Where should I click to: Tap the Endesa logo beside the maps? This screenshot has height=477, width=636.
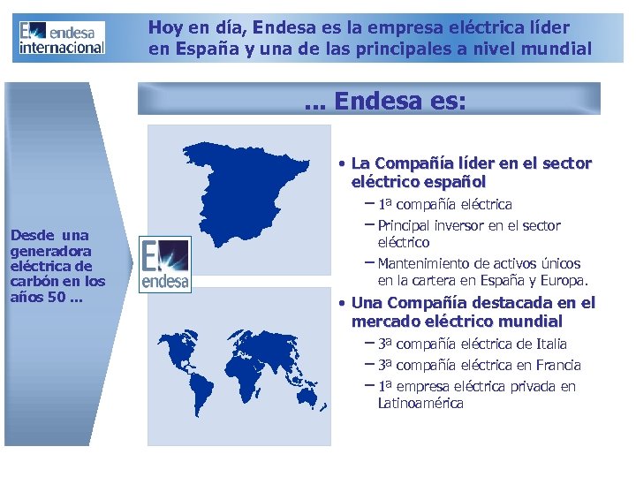(164, 264)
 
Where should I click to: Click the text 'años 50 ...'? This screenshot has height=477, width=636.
(42, 296)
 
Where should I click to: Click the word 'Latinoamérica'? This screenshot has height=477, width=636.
(420, 403)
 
